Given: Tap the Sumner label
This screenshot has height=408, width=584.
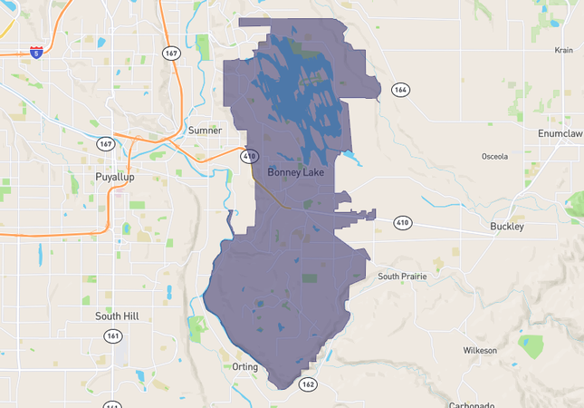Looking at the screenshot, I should (x=205, y=131).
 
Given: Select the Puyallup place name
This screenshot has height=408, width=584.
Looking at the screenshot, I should (x=114, y=177).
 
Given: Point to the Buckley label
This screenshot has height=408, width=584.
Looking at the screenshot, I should (x=506, y=226).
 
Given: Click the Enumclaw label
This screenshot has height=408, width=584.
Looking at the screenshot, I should (x=560, y=133).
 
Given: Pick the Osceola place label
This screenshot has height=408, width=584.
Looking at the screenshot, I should (x=495, y=156).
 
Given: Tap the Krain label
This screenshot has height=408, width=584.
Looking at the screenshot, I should (x=564, y=52).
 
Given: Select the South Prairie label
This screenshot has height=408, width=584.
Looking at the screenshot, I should (x=402, y=276).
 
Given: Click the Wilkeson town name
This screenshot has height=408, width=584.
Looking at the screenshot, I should (x=480, y=350).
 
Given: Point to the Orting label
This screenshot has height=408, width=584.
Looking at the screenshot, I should (x=245, y=366).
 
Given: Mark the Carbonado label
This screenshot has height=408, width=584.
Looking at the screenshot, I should (x=474, y=404).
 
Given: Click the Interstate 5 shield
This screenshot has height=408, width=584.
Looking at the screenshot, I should (x=36, y=53).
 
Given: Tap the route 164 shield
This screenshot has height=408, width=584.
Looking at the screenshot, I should (x=399, y=89).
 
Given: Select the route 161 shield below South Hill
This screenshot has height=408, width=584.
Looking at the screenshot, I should (x=112, y=335).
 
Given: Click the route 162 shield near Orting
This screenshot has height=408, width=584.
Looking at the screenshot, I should (x=308, y=384).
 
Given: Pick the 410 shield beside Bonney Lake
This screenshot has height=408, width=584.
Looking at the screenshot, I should (x=249, y=156).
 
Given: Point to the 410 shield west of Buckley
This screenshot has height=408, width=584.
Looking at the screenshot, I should (x=402, y=222).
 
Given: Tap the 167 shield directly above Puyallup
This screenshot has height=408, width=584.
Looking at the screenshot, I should (x=106, y=144).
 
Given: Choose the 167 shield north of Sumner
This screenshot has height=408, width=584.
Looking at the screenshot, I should (x=172, y=53).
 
